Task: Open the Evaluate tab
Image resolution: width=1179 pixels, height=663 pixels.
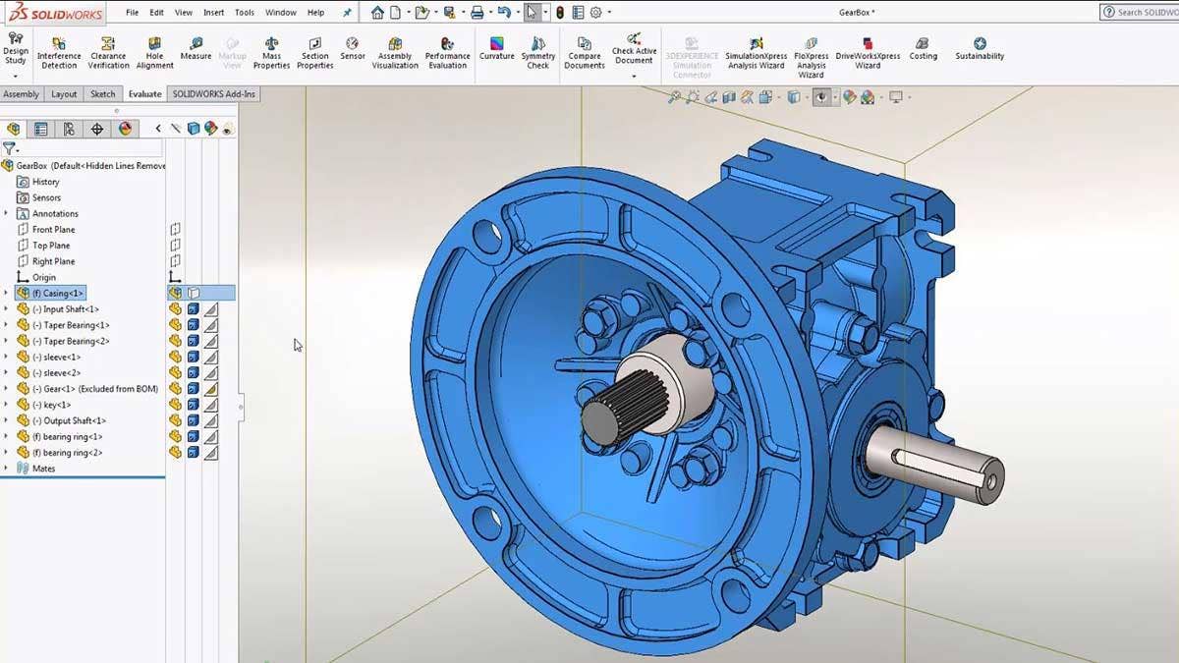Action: (144, 94)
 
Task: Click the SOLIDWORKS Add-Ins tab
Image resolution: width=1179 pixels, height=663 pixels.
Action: (214, 94)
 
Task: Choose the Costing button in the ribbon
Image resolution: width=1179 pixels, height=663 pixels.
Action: (923, 49)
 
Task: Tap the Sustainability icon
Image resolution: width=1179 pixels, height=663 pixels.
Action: (980, 49)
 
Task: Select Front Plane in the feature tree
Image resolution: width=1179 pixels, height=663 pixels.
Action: (53, 230)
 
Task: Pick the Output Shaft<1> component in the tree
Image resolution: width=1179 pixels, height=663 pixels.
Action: (74, 420)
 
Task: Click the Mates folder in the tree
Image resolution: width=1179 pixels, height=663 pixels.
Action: (43, 469)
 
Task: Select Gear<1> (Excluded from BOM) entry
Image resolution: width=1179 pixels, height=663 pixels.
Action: (94, 389)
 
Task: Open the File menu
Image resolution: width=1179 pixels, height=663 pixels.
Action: (132, 13)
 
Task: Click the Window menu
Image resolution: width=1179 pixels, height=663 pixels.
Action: (280, 13)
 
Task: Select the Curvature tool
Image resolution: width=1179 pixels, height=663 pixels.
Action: (497, 49)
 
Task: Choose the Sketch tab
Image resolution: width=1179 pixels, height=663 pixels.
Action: (102, 94)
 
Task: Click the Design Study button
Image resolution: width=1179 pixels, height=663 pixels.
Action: (16, 49)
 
